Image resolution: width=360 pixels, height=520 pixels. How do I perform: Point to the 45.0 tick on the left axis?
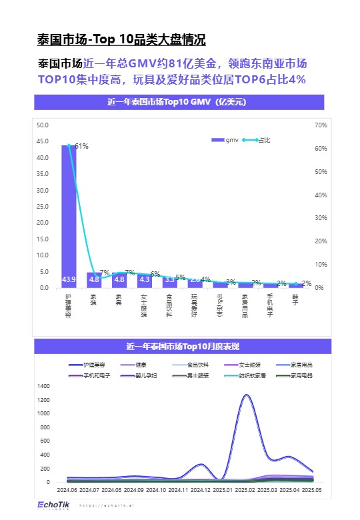[43, 141]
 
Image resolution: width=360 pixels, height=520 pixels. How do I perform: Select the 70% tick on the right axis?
[320, 125]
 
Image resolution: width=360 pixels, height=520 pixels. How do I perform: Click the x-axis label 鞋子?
[295, 302]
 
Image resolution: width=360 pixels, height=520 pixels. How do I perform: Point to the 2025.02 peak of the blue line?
[247, 395]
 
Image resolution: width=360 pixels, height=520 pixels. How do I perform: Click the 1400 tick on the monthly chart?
[44, 386]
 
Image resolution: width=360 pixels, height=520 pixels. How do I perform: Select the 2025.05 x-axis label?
[312, 490]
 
